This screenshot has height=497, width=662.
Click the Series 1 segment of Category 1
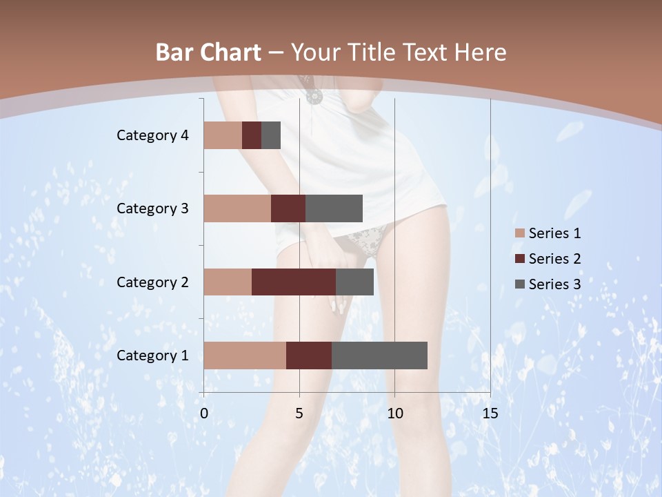[x=245, y=355]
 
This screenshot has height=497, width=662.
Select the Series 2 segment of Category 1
[x=309, y=355]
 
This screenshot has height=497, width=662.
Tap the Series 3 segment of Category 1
[x=379, y=355]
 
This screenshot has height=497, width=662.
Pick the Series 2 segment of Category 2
[x=294, y=282]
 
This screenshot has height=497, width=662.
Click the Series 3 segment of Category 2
[x=354, y=282]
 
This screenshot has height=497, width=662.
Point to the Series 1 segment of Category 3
[x=237, y=208]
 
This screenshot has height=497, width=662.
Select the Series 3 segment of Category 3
[x=334, y=208]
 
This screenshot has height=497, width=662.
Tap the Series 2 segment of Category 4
[x=252, y=135]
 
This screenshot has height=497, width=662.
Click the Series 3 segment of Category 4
[x=271, y=135]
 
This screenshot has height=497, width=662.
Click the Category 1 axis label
[x=152, y=355]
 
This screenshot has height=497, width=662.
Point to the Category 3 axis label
[x=152, y=208]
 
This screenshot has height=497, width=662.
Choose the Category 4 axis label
[x=152, y=135]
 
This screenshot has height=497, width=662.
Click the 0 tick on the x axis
[x=204, y=413]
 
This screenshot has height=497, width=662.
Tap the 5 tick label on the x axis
[x=299, y=413]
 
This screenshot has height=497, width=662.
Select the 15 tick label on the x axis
[x=490, y=413]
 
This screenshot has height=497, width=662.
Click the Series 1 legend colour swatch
[x=520, y=233]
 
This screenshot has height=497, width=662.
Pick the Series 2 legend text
[x=554, y=259]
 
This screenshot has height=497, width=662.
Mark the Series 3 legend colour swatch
[x=520, y=284]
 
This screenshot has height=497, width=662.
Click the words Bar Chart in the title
[x=208, y=52]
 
